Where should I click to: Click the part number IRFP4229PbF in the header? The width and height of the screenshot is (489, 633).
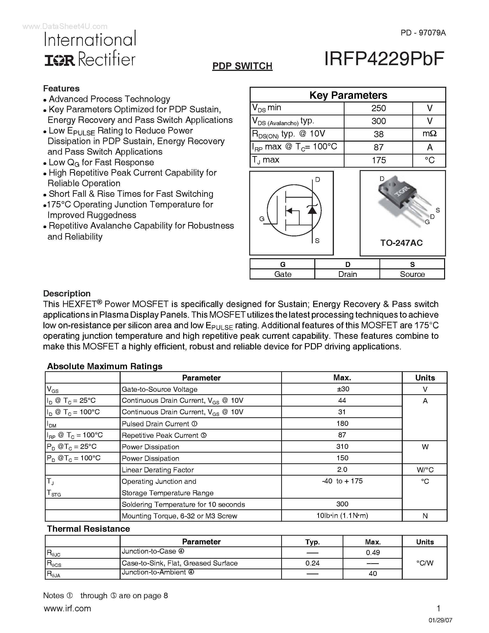coord(384,59)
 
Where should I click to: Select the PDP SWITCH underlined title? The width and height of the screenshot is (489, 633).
coord(242,66)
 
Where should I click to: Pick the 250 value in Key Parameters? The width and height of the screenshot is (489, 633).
coord(378,108)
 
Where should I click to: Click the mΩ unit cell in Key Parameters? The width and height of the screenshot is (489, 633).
coord(429,134)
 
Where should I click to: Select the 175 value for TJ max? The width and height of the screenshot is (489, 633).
coord(378,160)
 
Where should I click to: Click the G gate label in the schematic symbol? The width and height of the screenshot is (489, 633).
coord(262,219)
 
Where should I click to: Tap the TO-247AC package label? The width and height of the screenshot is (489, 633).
coord(401,243)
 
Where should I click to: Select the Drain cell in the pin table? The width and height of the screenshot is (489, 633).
coord(347,274)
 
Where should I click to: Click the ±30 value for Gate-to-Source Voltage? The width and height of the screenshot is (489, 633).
coord(342,389)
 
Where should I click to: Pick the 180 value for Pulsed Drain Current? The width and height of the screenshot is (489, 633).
coord(342,424)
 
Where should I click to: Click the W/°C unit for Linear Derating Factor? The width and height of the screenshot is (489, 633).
coord(425,470)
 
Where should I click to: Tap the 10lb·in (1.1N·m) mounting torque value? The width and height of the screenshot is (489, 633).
coord(342,516)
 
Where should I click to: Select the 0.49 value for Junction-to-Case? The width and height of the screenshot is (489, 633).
coord(373,553)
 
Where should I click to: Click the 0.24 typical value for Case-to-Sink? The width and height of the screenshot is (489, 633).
coord(312,563)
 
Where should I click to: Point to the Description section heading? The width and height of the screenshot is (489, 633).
coord(67,294)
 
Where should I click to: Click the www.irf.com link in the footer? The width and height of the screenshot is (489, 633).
coord(67,608)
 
